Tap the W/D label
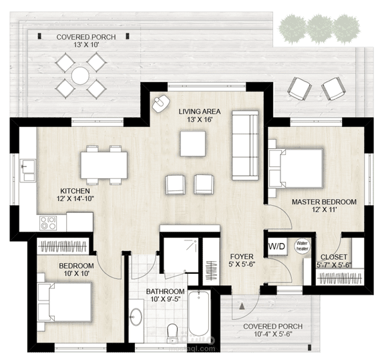pos(276,246)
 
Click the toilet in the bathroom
pos(172,331)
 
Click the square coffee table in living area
pos(193,142)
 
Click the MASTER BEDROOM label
pos(324,201)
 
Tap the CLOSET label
pos(333,256)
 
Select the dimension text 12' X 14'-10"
pos(71,198)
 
